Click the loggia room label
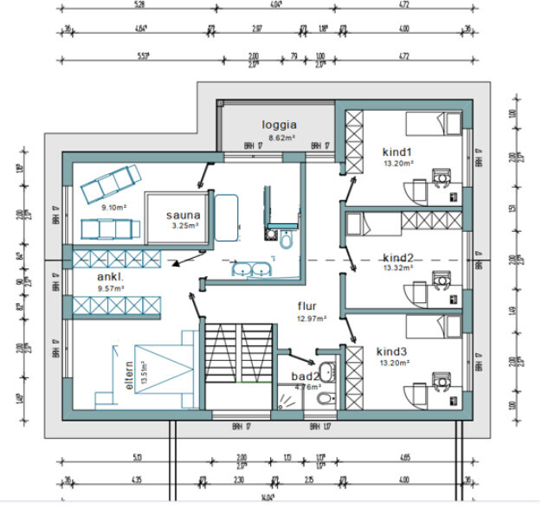(280, 124)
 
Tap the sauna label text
(184, 216)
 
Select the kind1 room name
(400, 152)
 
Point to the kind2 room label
(398, 257)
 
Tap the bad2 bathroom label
(305, 377)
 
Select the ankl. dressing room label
(111, 278)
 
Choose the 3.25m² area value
(185, 226)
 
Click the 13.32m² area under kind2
(399, 267)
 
